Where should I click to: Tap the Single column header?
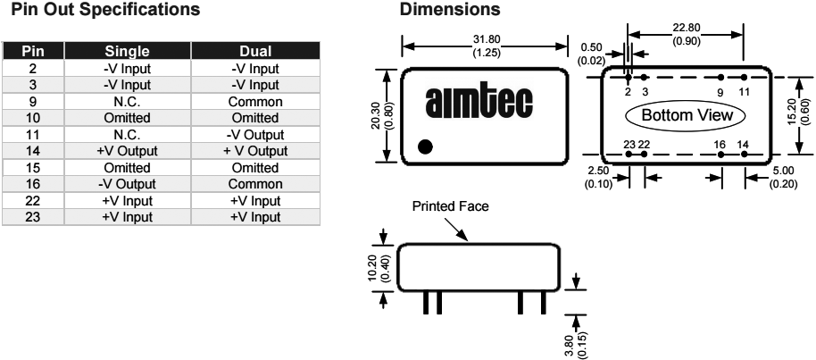(x=133, y=52)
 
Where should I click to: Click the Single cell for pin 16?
(x=133, y=189)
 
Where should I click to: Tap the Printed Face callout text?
(x=451, y=205)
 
